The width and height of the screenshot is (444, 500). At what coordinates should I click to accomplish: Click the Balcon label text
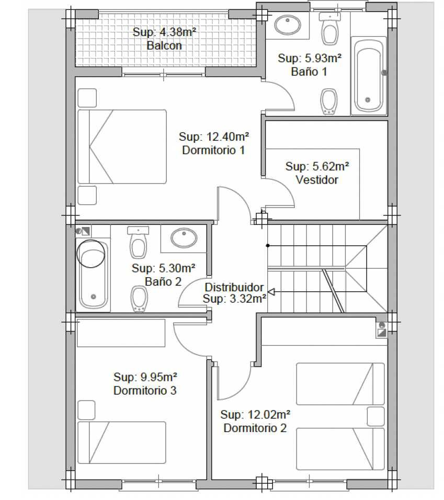click(x=164, y=46)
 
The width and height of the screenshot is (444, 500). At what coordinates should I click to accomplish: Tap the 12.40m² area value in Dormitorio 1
click(x=227, y=137)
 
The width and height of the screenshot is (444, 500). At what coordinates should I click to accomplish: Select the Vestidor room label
click(x=317, y=180)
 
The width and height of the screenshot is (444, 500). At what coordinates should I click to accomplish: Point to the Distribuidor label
click(x=234, y=287)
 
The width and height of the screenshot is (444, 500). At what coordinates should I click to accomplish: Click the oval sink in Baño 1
click(x=288, y=25)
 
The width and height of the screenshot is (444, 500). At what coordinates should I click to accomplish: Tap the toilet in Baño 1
click(x=330, y=29)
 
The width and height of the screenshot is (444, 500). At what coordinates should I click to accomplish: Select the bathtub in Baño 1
click(x=369, y=75)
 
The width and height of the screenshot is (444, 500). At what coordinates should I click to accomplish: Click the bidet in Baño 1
click(x=328, y=101)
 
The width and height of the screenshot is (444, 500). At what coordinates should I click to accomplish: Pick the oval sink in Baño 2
click(x=184, y=238)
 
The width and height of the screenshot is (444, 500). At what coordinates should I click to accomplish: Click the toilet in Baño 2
click(x=138, y=242)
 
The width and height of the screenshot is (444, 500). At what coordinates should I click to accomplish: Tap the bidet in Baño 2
click(x=139, y=299)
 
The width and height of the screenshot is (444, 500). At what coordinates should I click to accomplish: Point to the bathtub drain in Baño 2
click(x=94, y=297)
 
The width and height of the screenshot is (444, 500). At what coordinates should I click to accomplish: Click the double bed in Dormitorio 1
click(x=122, y=146)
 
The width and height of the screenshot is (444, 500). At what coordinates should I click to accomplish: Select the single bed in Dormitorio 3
click(x=122, y=442)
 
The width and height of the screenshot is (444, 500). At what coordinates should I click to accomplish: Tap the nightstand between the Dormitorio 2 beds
click(x=375, y=416)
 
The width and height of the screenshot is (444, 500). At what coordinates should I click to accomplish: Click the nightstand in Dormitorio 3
click(x=86, y=410)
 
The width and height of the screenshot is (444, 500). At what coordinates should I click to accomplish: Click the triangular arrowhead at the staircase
click(x=271, y=291)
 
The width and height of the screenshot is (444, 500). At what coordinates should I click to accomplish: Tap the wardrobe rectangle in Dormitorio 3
click(x=121, y=333)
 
